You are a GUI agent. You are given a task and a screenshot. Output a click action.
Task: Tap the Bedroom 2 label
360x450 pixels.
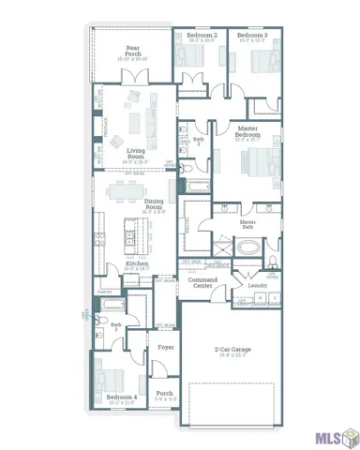point(202,36)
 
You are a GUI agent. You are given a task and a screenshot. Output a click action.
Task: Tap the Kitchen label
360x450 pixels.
point(137,266)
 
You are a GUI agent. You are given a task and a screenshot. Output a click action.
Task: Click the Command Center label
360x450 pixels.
point(203,283)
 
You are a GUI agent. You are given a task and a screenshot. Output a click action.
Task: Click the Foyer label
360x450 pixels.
point(166,347)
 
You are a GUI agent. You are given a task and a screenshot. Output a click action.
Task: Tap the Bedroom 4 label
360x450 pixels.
point(122,398)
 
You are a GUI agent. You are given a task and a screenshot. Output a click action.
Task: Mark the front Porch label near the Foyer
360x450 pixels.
point(164,394)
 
